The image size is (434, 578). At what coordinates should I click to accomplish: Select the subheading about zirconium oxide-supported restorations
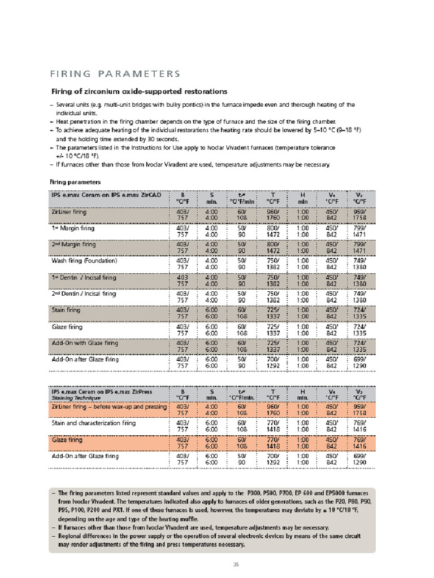point(140,91)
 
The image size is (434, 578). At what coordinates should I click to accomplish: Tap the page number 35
point(237,564)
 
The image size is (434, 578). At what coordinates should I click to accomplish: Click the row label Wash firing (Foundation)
point(84,261)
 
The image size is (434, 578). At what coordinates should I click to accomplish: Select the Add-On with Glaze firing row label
point(85,343)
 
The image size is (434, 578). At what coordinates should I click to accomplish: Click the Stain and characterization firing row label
point(93,422)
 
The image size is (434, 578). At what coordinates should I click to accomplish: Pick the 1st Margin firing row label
point(73,228)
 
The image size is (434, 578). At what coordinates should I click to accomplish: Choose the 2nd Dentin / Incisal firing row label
point(84,294)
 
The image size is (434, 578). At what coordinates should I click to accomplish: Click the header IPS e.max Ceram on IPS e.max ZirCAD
point(106,195)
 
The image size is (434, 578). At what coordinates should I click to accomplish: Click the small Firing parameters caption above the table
point(75,182)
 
